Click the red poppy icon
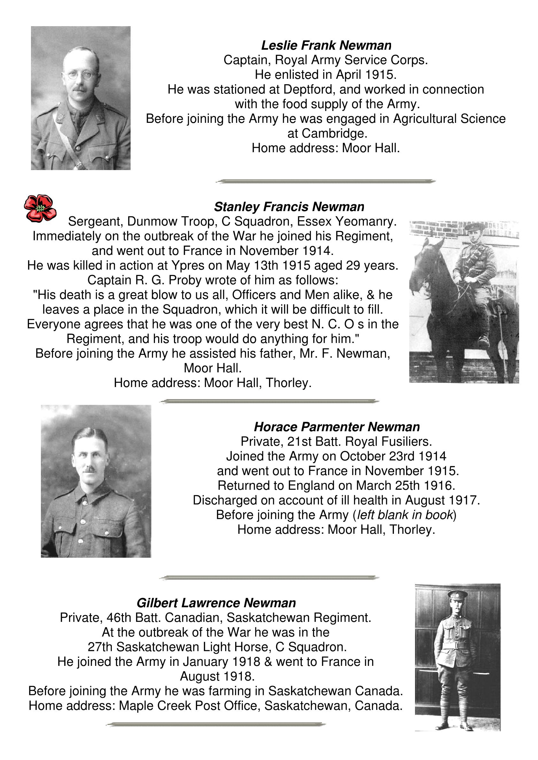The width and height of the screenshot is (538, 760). tap(40, 208)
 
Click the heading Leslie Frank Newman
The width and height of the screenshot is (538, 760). tap(326, 45)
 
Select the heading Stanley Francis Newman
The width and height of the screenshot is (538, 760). tap(289, 207)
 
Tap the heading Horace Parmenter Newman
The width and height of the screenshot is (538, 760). tap(337, 427)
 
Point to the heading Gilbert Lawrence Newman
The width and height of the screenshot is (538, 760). tap(216, 603)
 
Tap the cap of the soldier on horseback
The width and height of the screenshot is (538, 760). tap(474, 227)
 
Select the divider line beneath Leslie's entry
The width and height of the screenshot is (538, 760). tap(326, 181)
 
